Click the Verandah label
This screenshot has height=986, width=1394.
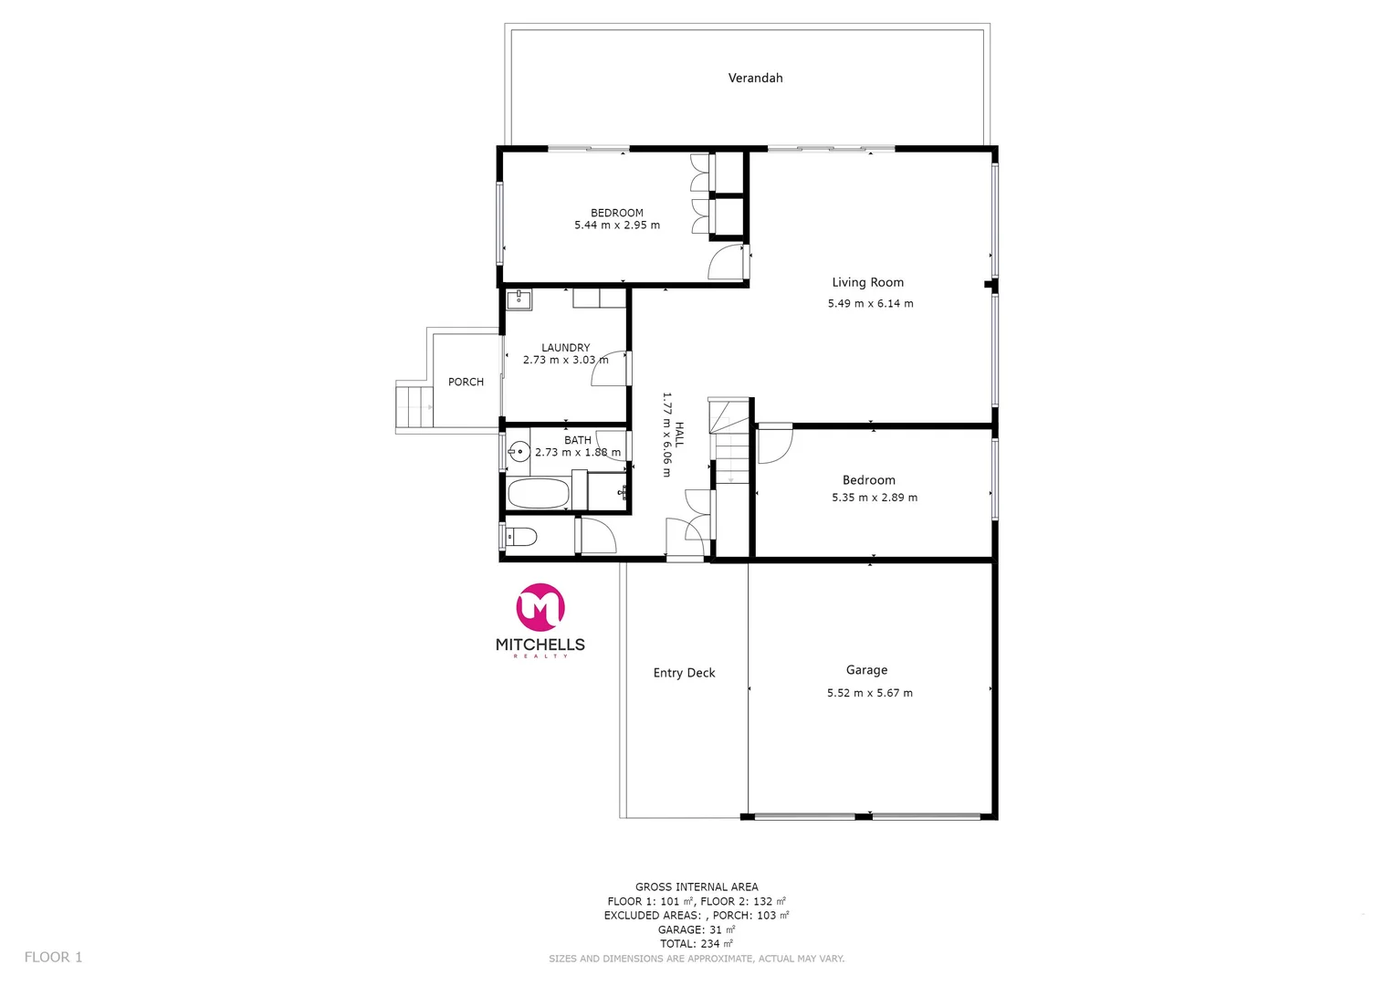pos(755,79)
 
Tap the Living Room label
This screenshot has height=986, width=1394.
pos(867,283)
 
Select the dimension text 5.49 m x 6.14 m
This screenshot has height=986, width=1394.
pos(870,304)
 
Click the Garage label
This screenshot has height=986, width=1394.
pos(866,670)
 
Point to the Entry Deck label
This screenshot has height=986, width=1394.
pos(684,673)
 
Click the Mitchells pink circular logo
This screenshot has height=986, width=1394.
pos(540,607)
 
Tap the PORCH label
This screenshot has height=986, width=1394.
pos(466,383)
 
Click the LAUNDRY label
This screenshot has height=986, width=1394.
pos(565,348)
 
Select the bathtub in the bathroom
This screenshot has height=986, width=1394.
pos(539,494)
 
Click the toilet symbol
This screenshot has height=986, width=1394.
pos(521,536)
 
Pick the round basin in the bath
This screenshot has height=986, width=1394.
pos(519,451)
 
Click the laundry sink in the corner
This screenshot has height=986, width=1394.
pos(519,299)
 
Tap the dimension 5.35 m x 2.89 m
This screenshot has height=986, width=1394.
pos(874,498)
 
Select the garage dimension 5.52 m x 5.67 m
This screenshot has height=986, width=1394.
pos(869,693)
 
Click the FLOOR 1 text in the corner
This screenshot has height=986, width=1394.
pos(53,957)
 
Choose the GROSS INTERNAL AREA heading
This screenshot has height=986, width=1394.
pos(697,886)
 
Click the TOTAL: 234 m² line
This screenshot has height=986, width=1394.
pos(697,944)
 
